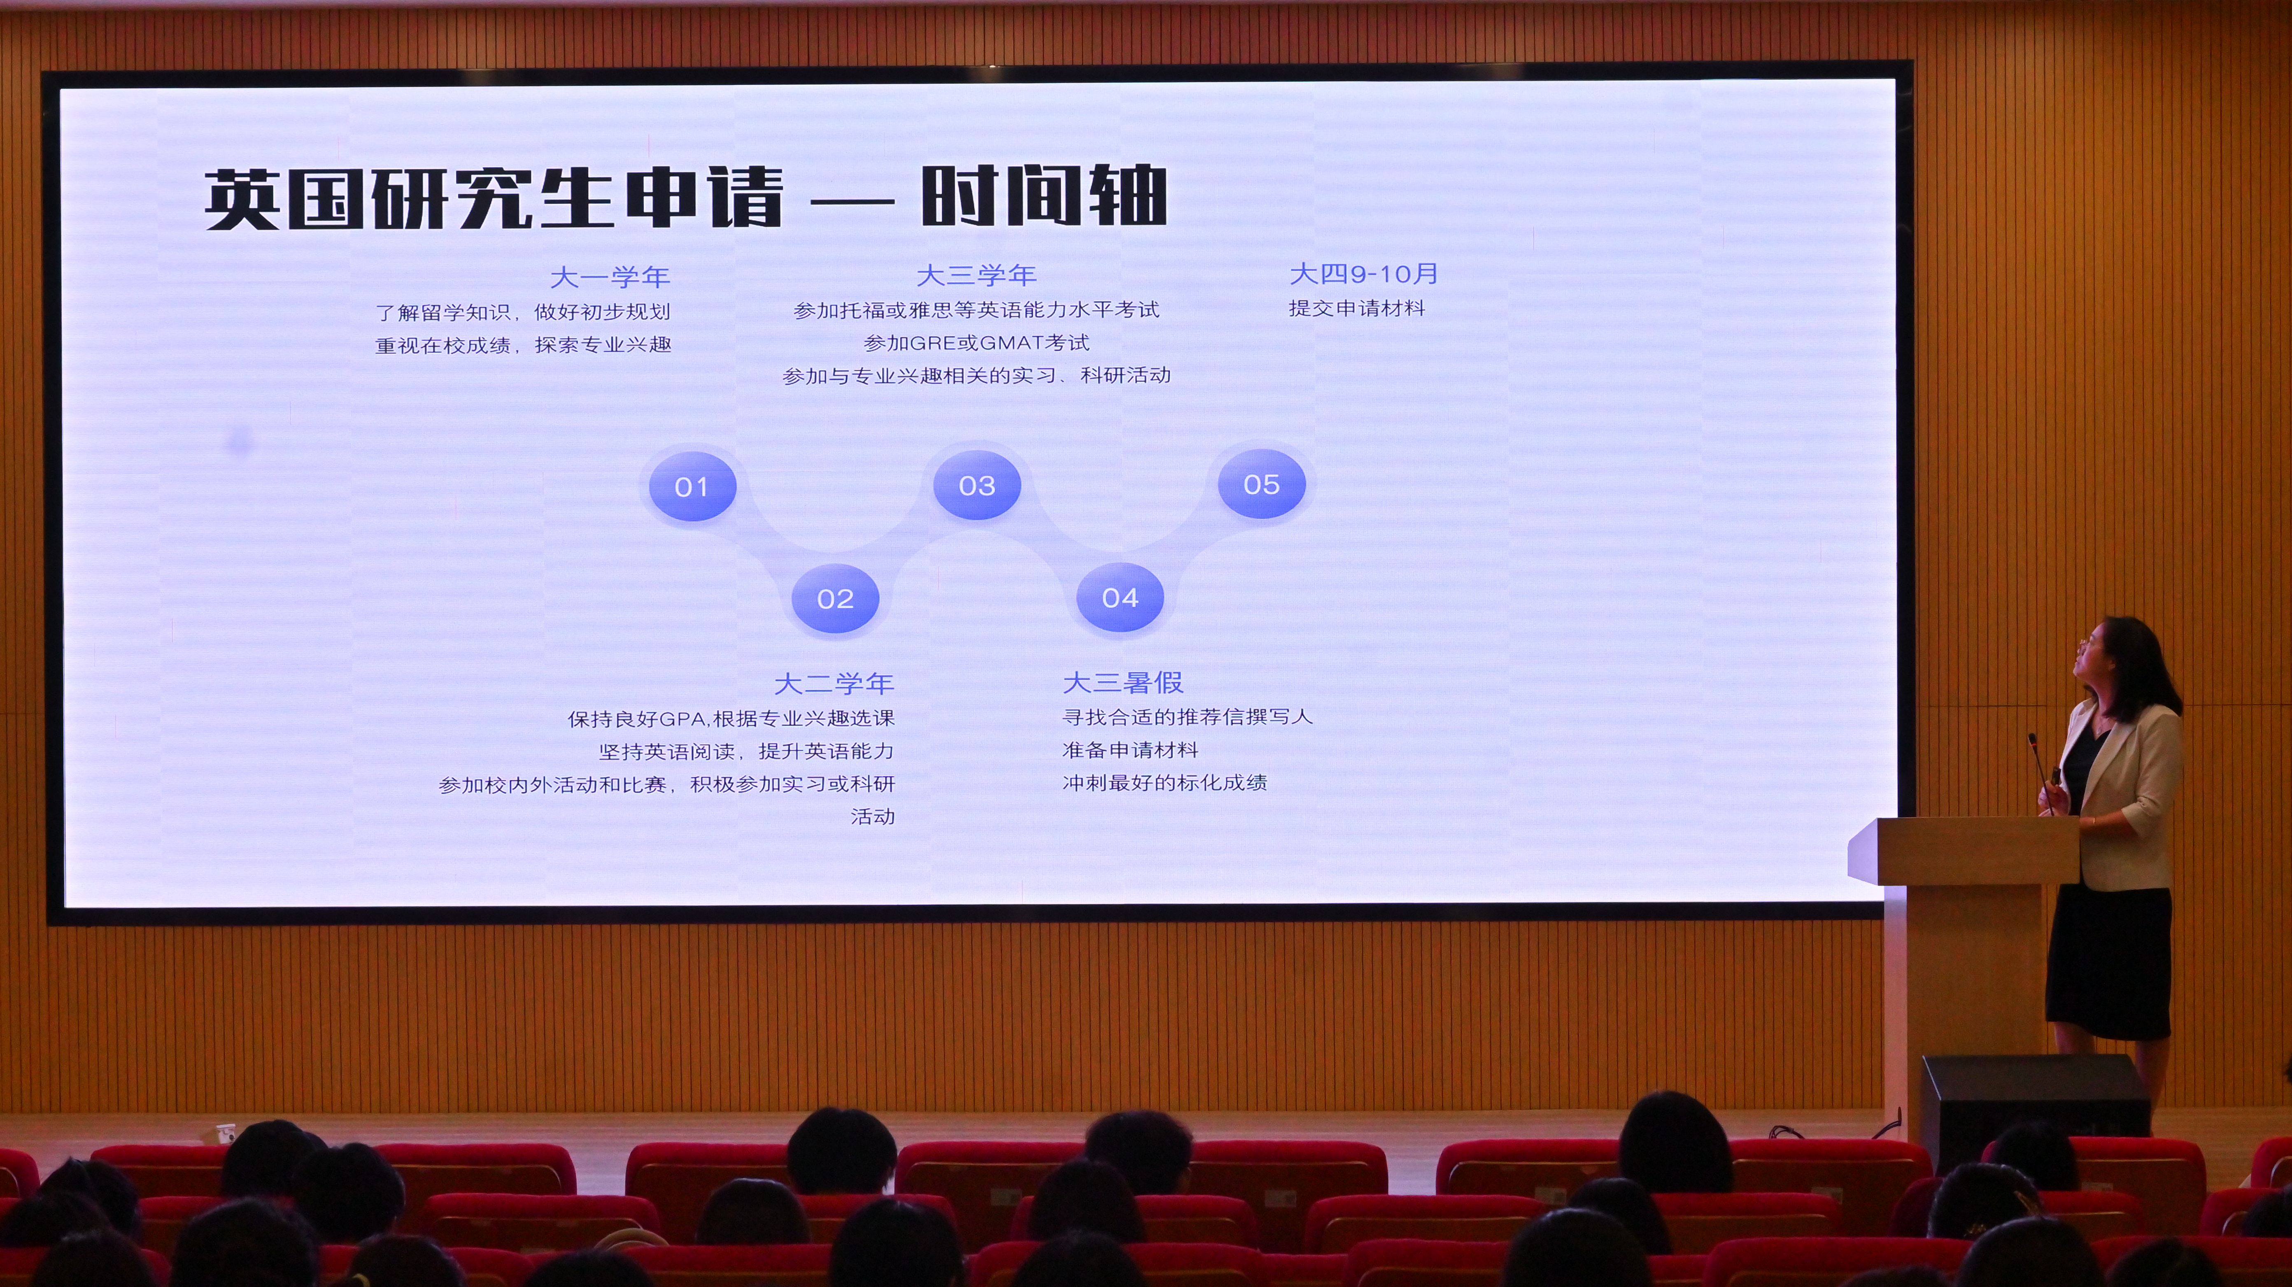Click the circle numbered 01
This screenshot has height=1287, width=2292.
692,486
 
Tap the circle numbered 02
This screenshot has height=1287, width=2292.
834,599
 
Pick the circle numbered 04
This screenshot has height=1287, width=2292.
1120,598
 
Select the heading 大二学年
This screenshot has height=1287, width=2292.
834,683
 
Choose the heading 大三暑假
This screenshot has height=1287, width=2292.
1123,682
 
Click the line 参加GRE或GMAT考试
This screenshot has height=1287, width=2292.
976,342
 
